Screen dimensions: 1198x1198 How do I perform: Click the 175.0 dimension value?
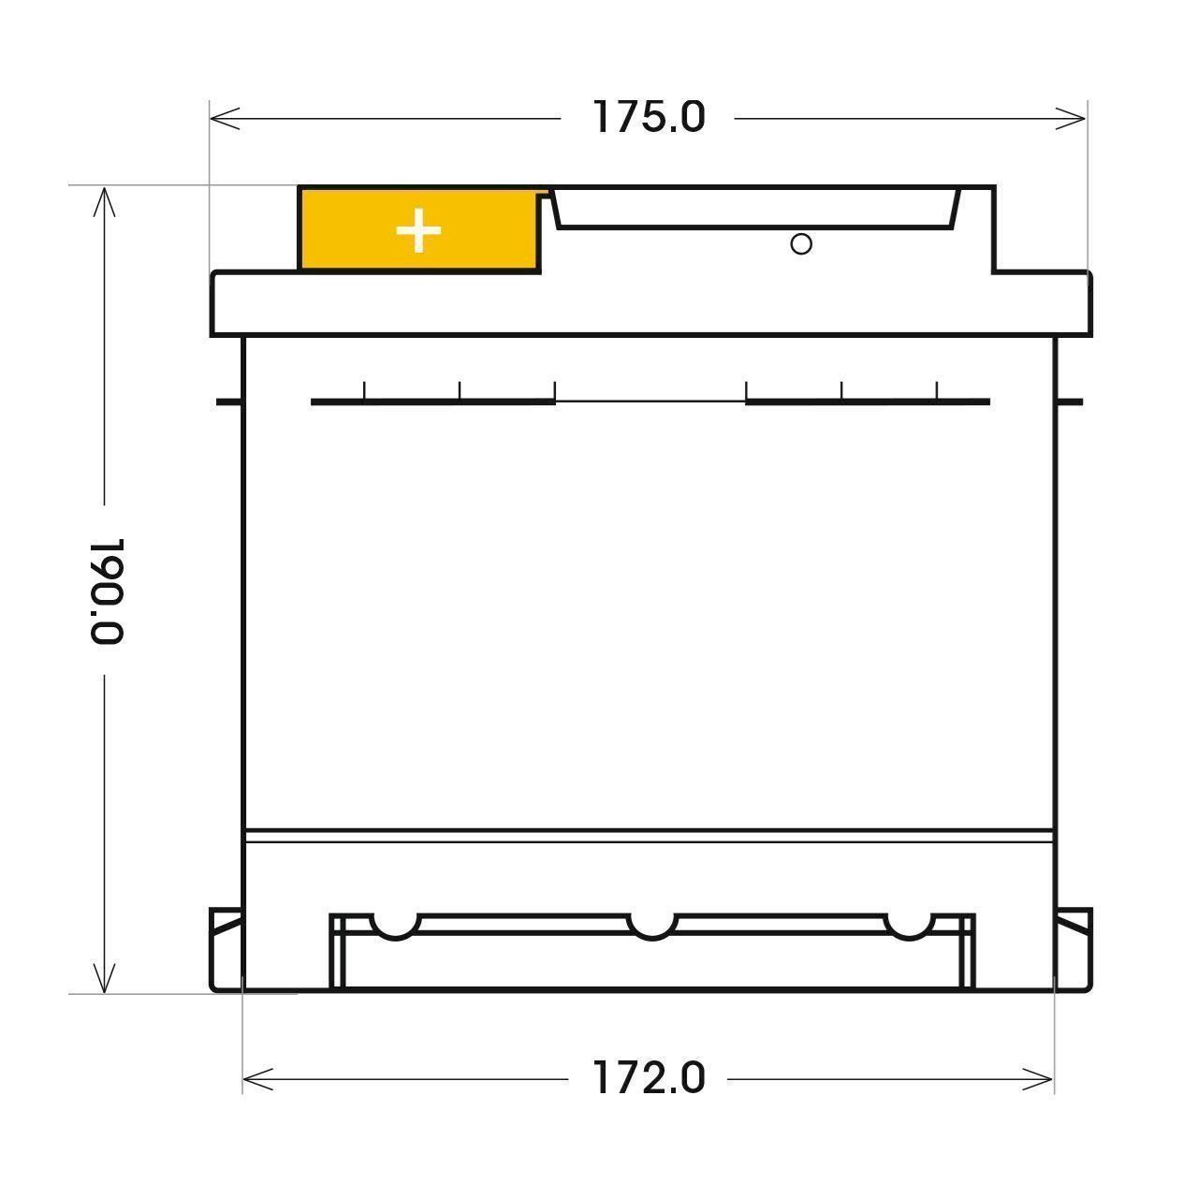[649, 117]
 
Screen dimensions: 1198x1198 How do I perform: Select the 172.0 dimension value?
[648, 1078]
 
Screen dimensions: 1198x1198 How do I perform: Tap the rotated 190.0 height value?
[109, 591]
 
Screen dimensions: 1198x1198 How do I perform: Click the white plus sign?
[418, 231]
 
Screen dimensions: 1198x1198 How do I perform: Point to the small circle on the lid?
[801, 244]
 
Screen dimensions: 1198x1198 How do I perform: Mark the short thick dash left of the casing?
[228, 402]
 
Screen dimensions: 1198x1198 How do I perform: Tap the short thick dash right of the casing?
[1070, 402]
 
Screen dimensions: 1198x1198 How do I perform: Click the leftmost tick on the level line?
[364, 390]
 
